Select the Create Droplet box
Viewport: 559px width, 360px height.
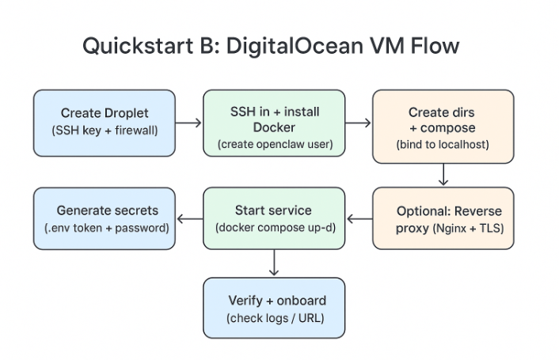[104, 122]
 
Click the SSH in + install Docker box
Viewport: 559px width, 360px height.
[274, 122]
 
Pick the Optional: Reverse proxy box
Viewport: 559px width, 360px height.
[443, 218]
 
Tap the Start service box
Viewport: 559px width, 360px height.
[274, 218]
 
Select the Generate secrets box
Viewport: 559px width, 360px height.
[104, 218]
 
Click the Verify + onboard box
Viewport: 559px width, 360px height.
[274, 309]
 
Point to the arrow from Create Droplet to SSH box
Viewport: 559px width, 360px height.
[188, 123]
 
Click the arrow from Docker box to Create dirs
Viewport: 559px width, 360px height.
[358, 123]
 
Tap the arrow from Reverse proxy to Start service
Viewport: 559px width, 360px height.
[359, 219]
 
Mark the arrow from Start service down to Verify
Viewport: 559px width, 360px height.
[274, 263]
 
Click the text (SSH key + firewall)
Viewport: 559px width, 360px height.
[104, 130]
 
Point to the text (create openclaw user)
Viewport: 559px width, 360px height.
[274, 144]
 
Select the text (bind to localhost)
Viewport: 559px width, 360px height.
[443, 144]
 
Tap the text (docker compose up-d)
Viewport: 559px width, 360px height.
[274, 228]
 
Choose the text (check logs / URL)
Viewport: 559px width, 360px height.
[274, 318]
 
